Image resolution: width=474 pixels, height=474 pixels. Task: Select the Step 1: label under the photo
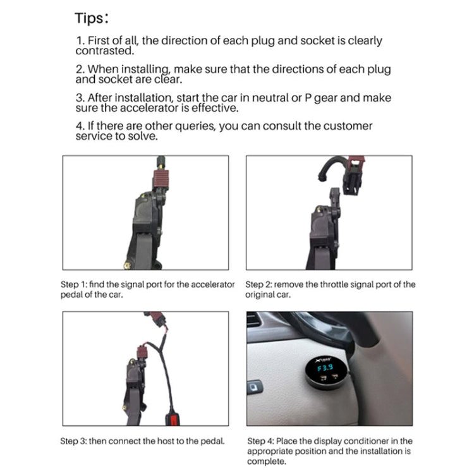point(76,285)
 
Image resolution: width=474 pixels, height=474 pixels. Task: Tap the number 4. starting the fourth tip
point(80,126)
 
